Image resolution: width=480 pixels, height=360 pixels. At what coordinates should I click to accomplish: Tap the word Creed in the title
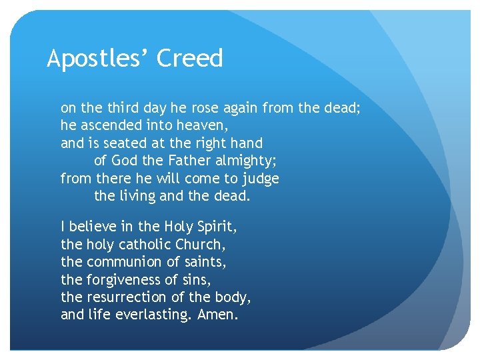pos(189,59)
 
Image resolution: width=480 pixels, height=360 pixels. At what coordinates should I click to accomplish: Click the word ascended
pos(111,125)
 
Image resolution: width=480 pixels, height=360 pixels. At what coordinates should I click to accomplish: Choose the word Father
pos(186,161)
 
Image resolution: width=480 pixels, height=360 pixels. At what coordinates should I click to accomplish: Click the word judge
pos(260,179)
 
